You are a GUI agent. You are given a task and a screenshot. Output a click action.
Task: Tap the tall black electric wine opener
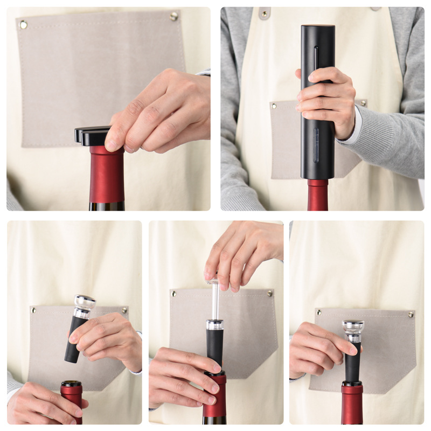tap(317, 102)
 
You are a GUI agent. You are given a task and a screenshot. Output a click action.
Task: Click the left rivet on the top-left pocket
tap(23, 24)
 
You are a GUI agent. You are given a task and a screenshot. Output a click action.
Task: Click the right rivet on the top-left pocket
tap(174, 16)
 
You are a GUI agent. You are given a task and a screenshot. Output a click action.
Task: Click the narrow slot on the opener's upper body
tap(316, 58)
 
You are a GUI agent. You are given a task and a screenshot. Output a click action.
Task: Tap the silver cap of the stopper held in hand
tap(85, 303)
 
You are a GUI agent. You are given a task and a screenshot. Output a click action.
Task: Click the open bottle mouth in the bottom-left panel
tap(71, 384)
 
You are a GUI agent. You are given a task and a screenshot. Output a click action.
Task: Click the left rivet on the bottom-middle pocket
tap(174, 294)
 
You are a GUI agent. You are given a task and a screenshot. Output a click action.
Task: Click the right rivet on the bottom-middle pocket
tap(270, 294)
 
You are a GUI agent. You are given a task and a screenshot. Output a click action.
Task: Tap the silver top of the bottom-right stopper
tap(353, 326)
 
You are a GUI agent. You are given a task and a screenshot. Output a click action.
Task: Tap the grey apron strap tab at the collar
tap(264, 13)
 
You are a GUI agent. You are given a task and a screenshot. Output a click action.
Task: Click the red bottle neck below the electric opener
tap(317, 194)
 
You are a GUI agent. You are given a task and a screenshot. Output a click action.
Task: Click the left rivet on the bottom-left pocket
tap(33, 310)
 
